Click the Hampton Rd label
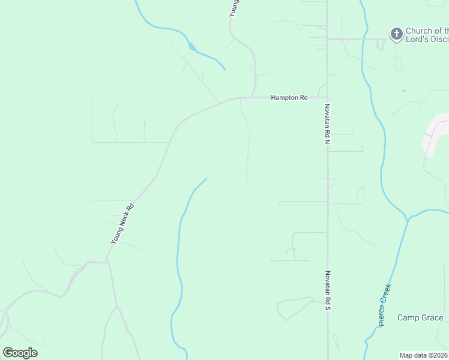[x=289, y=97]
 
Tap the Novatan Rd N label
[x=328, y=124]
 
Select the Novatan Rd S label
[x=328, y=290]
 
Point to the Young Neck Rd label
[x=122, y=223]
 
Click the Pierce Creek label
[x=385, y=304]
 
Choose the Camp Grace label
[x=420, y=317]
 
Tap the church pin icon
[x=396, y=35]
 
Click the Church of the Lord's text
[x=427, y=35]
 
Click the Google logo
[x=20, y=353]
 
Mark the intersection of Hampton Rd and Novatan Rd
[x=327, y=97]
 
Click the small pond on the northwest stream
[x=191, y=47]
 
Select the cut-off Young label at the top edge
[x=235, y=8]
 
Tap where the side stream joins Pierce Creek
[x=408, y=219]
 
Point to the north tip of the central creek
[x=206, y=179]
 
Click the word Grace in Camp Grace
[x=432, y=317]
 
